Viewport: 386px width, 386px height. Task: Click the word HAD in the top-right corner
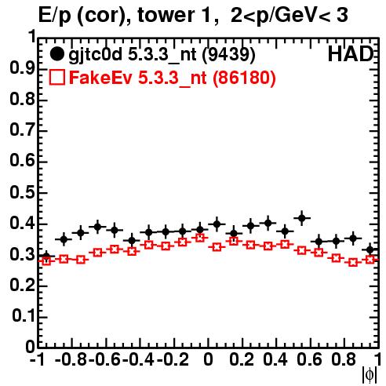tap(351, 54)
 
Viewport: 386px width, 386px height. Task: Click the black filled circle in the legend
tap(57, 54)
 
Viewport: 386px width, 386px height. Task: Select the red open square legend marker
tap(57, 77)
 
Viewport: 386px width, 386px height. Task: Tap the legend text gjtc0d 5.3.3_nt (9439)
tap(162, 55)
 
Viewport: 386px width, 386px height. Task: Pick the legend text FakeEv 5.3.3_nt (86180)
tap(173, 78)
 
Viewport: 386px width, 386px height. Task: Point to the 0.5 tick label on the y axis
tap(22, 192)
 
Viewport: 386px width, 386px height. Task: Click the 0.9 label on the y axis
tap(22, 69)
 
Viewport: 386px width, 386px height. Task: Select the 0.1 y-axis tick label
tap(24, 316)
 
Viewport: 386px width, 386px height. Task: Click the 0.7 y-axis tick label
tap(22, 130)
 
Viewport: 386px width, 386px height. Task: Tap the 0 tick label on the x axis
tap(208, 359)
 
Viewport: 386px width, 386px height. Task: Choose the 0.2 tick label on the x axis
tap(242, 359)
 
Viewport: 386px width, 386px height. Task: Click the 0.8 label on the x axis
tap(344, 359)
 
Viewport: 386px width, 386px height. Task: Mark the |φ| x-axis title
tap(370, 375)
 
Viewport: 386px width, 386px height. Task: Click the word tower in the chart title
tap(170, 15)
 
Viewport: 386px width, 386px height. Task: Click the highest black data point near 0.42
tap(302, 218)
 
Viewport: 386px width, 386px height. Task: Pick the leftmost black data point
tap(46, 257)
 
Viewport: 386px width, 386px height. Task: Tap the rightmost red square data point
tap(370, 260)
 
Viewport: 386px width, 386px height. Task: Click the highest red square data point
tap(200, 238)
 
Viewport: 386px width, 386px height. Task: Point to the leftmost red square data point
tap(46, 260)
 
